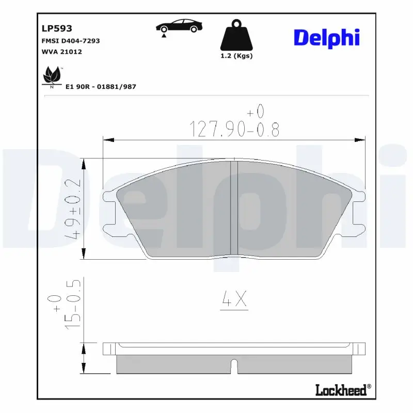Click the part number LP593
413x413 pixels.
[x=57, y=28]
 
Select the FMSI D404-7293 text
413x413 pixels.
[x=71, y=41]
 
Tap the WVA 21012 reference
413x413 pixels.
[x=61, y=52]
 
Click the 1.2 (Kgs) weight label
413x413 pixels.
[x=236, y=56]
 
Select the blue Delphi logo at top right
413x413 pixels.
[x=327, y=38]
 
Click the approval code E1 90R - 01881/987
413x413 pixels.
[x=101, y=87]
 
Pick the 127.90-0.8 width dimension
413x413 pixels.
[x=234, y=124]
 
